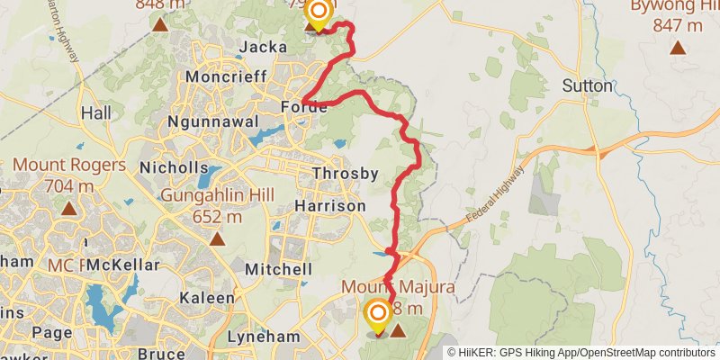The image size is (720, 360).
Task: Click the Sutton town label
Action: coord(587,86)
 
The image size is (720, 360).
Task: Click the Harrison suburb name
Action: coord(330,206)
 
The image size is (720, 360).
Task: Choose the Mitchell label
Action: coord(279,269)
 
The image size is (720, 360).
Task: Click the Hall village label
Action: coord(94,113)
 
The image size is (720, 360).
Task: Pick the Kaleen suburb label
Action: coord(208,297)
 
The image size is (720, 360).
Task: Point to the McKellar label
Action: coord(126,265)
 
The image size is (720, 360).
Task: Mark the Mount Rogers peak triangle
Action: coord(68,209)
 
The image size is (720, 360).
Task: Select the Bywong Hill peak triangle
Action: coord(678,49)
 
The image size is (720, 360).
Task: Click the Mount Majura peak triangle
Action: coord(398,330)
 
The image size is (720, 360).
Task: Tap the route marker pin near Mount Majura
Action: coord(378,315)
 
